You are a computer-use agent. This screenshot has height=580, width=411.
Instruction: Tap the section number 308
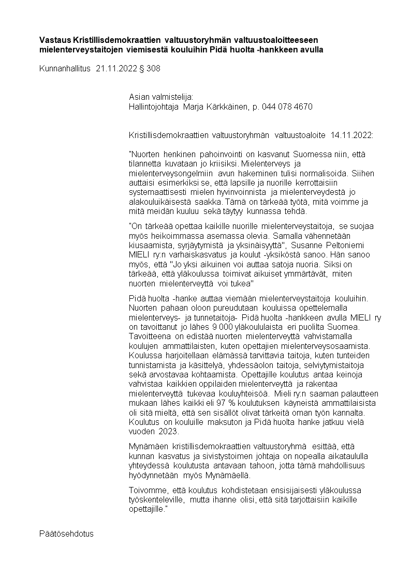154,68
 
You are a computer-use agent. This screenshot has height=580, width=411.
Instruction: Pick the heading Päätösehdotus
66,533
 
